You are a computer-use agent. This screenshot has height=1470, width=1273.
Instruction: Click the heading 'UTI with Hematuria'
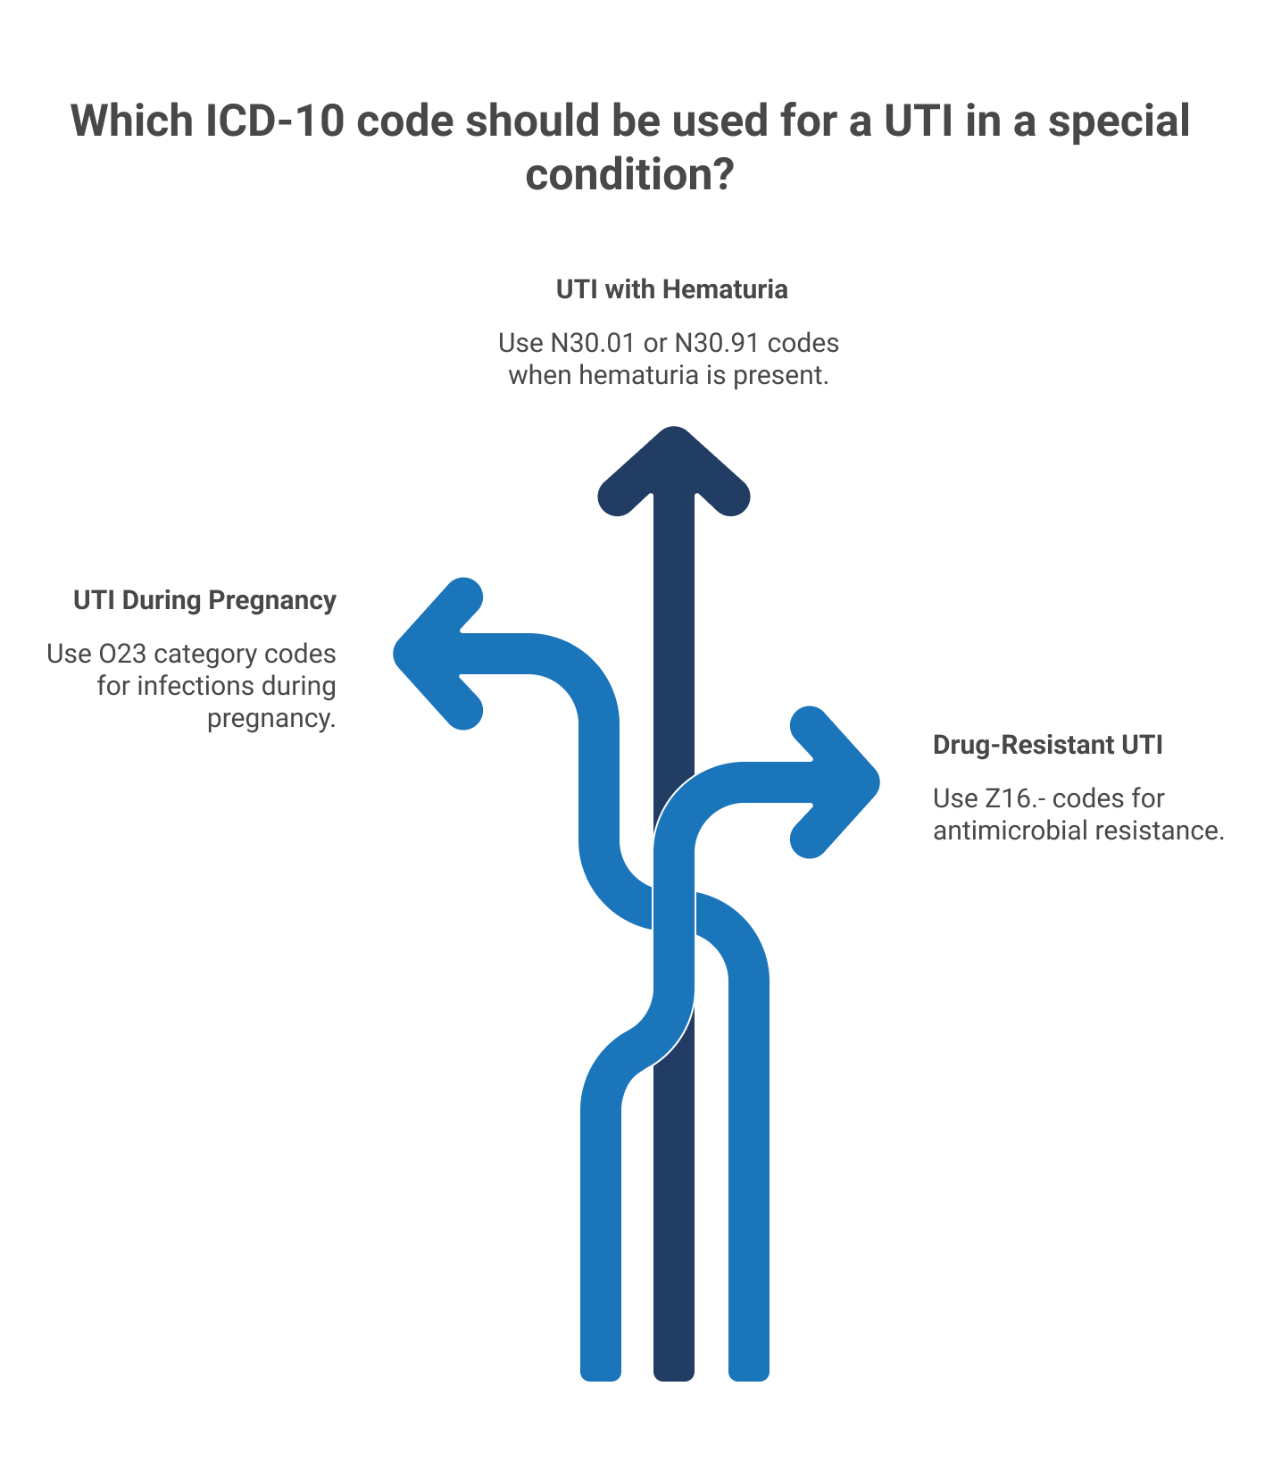pos(671,289)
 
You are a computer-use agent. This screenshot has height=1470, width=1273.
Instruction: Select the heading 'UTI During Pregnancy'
pos(204,600)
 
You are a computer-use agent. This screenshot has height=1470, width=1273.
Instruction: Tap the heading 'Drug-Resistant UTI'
pos(1048,745)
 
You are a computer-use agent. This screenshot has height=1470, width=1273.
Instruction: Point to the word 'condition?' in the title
pos(629,173)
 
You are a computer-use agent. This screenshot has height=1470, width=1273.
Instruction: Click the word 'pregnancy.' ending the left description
pos(272,719)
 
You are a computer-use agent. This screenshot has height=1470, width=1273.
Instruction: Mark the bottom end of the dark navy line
pos(674,1380)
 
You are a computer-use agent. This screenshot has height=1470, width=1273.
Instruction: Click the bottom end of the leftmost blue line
pos(601,1380)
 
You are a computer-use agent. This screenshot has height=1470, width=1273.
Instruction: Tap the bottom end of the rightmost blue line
pos(749,1380)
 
